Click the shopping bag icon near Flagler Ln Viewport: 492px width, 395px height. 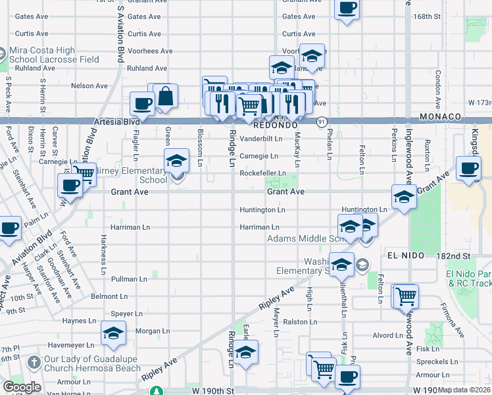pyautogui.click(x=166, y=96)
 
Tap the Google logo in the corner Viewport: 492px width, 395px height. pyautogui.click(x=22, y=386)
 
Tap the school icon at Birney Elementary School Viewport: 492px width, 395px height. pyautogui.click(x=176, y=161)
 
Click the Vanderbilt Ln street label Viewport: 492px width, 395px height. pyautogui.click(x=260, y=139)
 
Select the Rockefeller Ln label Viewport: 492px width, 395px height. pyautogui.click(x=262, y=173)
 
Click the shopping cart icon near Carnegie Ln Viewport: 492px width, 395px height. pyautogui.click(x=84, y=173)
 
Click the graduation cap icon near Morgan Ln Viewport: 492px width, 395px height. pyautogui.click(x=113, y=334)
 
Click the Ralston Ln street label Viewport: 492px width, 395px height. pyautogui.click(x=300, y=322)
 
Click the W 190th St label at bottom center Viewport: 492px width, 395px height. pyautogui.click(x=212, y=390)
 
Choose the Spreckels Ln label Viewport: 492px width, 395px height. pyautogui.click(x=437, y=361)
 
